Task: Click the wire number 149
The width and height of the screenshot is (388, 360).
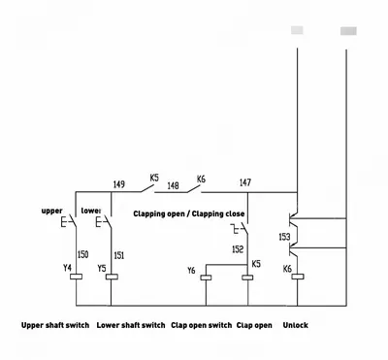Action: [119, 184]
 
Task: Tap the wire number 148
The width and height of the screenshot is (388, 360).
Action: [173, 186]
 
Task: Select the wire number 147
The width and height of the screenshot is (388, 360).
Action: [245, 182]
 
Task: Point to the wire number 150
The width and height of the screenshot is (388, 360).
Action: [82, 254]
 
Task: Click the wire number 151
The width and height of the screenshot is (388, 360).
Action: [119, 255]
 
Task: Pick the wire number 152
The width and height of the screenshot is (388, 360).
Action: [238, 249]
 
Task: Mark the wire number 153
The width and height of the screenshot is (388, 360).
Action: [284, 237]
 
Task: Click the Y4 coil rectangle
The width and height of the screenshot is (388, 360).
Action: [77, 277]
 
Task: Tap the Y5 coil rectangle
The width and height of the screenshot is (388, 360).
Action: [112, 277]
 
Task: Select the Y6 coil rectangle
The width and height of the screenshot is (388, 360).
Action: [206, 278]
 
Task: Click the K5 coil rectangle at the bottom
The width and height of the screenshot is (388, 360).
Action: [247, 278]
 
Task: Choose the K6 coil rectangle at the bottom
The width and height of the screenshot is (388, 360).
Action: [298, 277]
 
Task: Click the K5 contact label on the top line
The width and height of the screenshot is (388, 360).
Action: [154, 178]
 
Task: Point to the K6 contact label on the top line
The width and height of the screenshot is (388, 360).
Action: [201, 180]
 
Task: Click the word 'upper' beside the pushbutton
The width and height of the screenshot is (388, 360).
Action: [51, 212]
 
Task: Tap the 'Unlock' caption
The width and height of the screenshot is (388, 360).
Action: [296, 325]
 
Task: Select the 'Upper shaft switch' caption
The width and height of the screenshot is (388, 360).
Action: [55, 325]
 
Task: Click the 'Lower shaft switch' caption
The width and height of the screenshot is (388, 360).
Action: [131, 325]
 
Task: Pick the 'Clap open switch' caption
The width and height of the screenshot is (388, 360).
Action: [202, 325]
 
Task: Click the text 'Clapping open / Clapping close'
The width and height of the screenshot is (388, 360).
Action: [189, 214]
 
